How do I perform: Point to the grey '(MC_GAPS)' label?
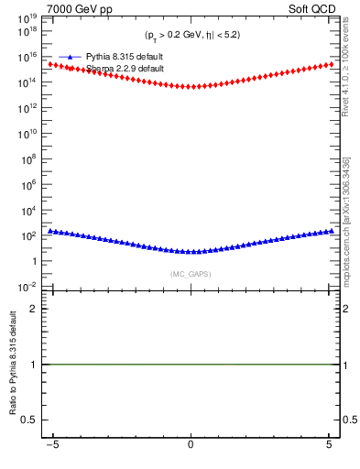191,274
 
